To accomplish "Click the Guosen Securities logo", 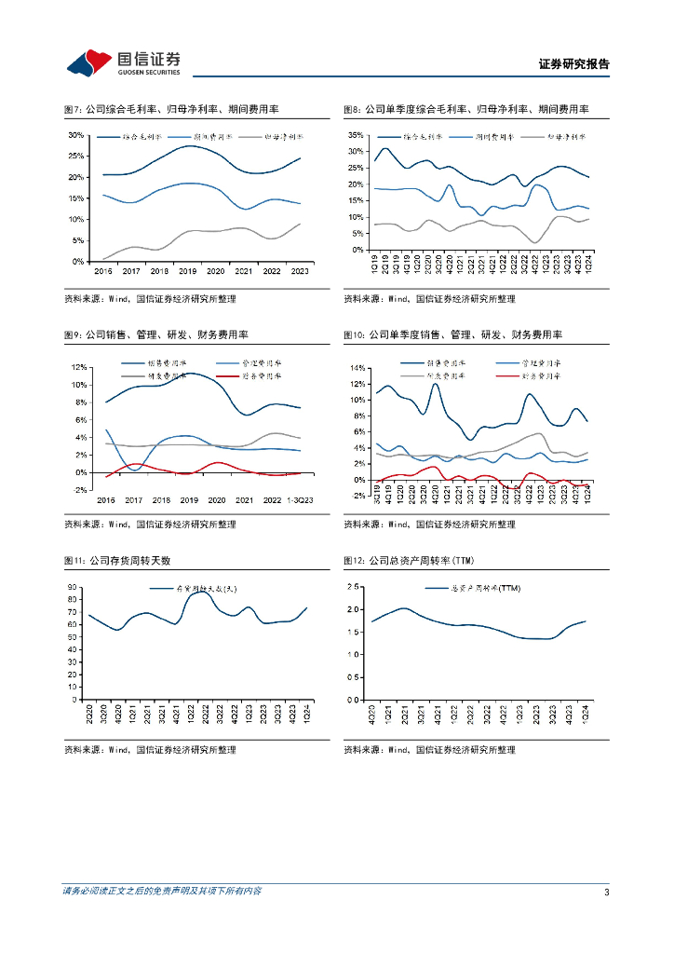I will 124,63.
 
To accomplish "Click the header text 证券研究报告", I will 574,64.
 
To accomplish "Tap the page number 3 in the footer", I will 606,893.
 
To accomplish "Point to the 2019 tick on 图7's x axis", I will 186,271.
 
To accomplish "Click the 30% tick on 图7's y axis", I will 77,135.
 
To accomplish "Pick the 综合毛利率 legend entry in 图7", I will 144,136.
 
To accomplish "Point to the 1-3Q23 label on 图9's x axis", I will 300,500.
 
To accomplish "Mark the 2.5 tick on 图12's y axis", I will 354,587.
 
